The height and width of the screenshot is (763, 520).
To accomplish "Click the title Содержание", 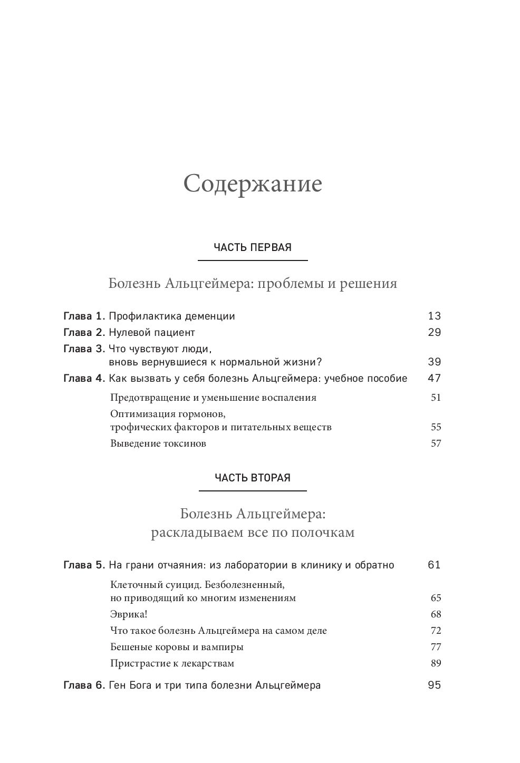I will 253,184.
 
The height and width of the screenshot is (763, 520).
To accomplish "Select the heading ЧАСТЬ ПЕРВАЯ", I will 253,248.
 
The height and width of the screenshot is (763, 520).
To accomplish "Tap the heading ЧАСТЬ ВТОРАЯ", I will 253,478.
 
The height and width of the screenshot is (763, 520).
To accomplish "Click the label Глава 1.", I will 84,316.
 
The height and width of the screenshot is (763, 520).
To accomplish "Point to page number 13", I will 434,316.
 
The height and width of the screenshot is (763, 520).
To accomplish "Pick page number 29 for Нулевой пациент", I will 434,333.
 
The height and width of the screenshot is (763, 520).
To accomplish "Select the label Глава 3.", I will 84,349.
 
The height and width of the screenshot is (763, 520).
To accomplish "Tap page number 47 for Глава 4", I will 434,378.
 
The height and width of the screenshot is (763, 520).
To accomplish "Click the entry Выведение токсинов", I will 158,443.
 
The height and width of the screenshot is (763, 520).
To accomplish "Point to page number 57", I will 436,443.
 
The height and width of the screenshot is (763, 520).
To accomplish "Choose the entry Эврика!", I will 129,614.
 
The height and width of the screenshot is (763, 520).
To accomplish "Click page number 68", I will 436,614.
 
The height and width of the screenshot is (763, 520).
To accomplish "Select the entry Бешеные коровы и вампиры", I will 177,647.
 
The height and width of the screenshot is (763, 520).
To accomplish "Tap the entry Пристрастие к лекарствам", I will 172,663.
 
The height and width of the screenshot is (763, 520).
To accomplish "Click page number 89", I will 436,663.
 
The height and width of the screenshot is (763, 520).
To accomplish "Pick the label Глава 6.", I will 84,685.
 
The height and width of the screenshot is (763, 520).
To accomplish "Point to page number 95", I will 434,685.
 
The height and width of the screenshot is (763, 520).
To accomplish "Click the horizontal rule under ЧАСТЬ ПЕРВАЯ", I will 253,260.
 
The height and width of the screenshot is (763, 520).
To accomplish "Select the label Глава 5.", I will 84,565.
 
